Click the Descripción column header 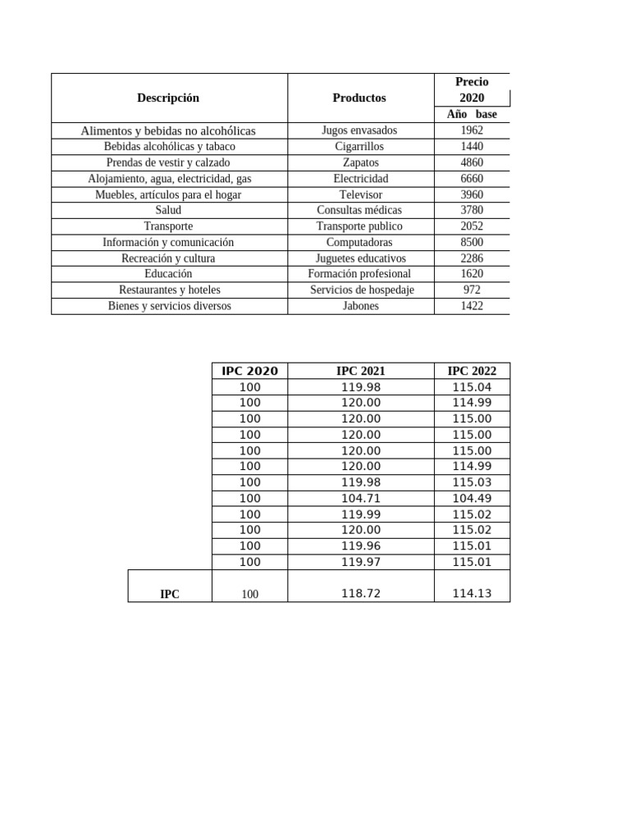[168, 98]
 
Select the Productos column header [359, 98]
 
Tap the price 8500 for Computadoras [472, 242]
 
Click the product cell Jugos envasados [359, 130]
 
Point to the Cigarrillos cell [359, 146]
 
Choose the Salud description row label [168, 210]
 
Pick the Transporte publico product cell [359, 226]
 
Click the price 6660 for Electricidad [472, 178]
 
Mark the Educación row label [168, 273]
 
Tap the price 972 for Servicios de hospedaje [472, 290]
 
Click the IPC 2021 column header [361, 371]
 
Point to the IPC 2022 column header [472, 371]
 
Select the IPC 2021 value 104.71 [361, 498]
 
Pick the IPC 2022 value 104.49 [472, 498]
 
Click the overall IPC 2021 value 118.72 [361, 593]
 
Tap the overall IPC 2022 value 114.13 [472, 593]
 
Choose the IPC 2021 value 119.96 [361, 546]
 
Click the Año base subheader [472, 114]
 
